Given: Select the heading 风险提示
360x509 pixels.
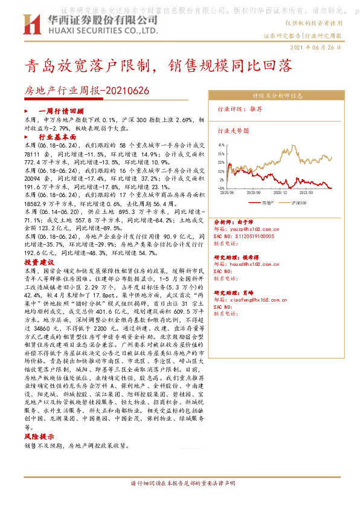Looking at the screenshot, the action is coord(37,435).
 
